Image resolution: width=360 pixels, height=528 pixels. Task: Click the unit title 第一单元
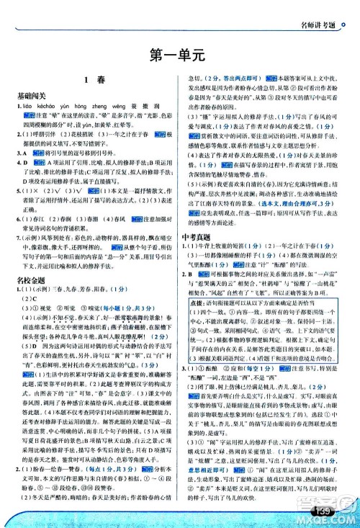click(x=180, y=53)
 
